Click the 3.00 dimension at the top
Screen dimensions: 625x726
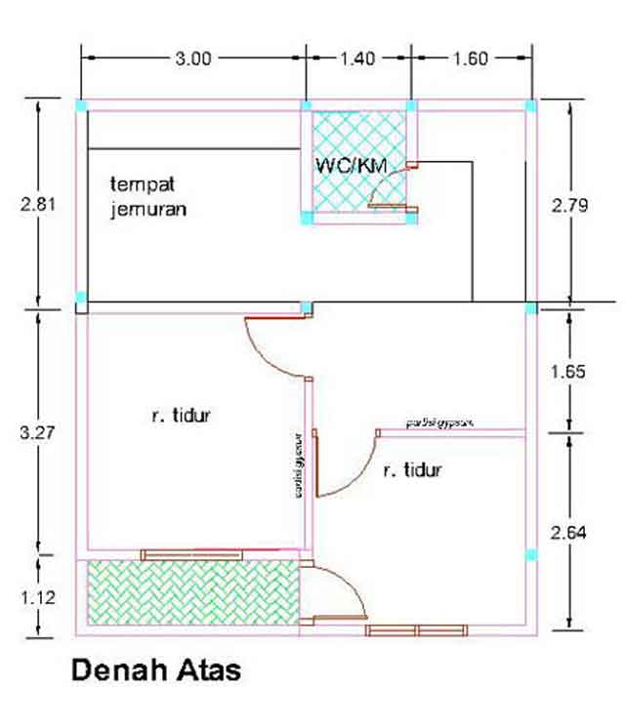[x=193, y=59]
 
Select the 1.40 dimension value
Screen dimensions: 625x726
[x=357, y=59]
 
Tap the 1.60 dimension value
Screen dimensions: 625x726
[x=469, y=59]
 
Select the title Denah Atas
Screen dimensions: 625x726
[x=154, y=672]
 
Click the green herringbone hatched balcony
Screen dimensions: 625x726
[x=190, y=595]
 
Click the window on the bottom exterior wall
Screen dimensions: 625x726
[x=418, y=630]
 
